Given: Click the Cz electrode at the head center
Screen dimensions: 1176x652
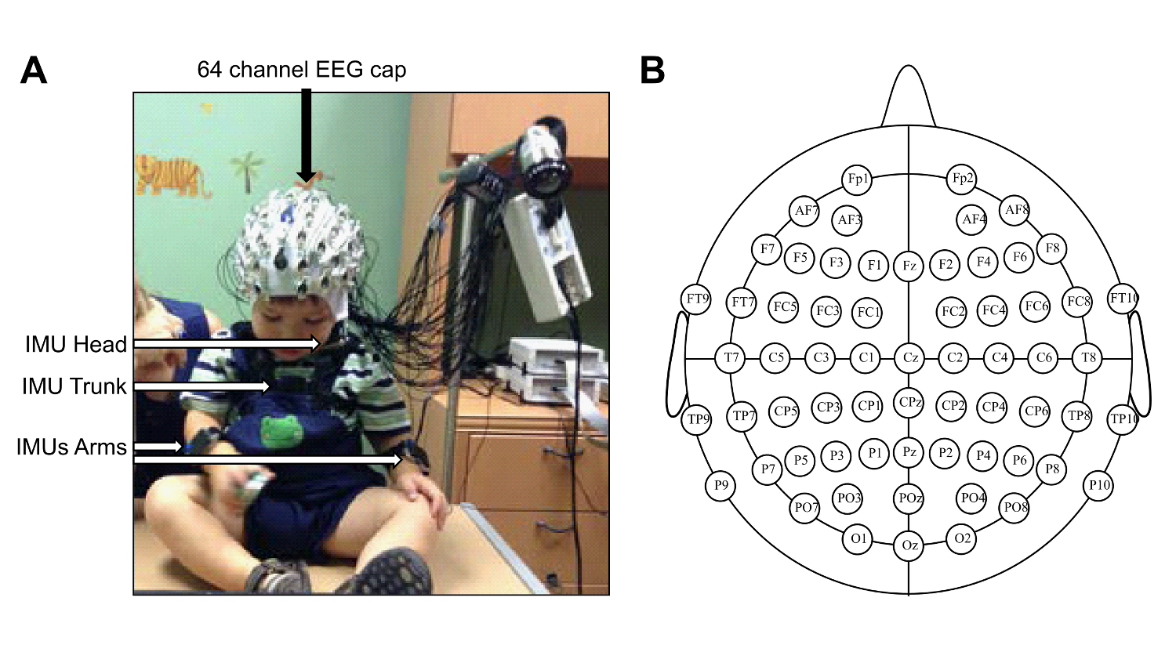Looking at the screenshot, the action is point(909,358).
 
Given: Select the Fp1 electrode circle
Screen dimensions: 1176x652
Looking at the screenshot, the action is point(858,179).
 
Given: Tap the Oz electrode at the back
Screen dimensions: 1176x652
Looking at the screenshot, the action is point(909,545).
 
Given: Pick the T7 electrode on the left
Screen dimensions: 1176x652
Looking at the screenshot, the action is point(731,358).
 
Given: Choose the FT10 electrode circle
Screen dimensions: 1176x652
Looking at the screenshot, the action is point(1123,298).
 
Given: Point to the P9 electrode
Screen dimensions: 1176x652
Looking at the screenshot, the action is point(720,486).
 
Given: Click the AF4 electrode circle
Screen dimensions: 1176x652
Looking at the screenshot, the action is point(973,219).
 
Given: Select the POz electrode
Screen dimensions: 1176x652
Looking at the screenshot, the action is point(909,498).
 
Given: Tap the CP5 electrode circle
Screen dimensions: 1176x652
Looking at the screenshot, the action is point(785,411).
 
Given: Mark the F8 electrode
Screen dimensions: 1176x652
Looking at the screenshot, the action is point(1052,249).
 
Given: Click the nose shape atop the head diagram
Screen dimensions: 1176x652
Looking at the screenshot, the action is point(908,98).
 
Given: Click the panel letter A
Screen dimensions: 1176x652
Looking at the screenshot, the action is point(34,71).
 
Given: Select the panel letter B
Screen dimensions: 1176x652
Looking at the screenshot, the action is point(652,71).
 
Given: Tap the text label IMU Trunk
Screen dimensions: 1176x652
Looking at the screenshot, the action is point(75,386).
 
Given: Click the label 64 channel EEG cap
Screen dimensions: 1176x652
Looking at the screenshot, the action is point(302,70).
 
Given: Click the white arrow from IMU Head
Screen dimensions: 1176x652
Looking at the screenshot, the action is point(227,343).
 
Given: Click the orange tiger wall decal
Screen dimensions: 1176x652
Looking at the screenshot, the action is point(173,175).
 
